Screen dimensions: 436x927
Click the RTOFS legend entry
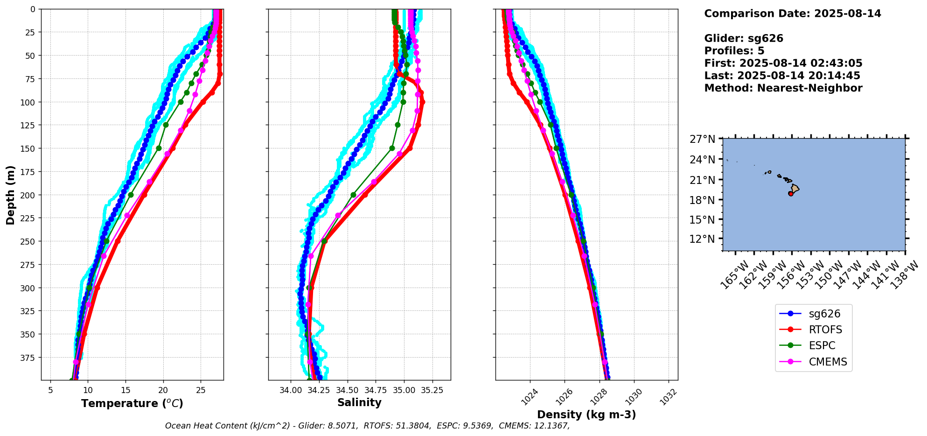point(825,330)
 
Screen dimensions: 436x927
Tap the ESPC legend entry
point(822,345)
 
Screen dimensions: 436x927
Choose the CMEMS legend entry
point(828,362)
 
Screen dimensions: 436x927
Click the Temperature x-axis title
point(132,403)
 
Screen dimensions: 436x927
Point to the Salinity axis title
point(359,402)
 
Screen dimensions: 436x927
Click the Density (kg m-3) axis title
point(586,415)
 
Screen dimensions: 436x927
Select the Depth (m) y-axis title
point(11,195)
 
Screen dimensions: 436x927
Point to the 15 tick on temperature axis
point(125,390)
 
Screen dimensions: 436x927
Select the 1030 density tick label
point(634,397)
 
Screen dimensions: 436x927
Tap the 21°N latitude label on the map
point(702,180)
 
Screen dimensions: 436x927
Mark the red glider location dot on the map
point(791,193)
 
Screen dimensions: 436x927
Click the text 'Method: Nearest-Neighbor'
point(783,88)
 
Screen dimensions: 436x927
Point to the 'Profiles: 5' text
point(734,51)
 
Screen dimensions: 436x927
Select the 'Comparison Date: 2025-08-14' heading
point(792,14)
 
